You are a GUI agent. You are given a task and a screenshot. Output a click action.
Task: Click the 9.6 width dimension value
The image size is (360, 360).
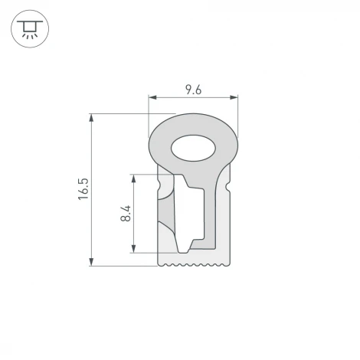click(x=193, y=90)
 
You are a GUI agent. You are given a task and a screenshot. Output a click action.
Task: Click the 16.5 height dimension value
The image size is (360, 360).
click(x=83, y=189)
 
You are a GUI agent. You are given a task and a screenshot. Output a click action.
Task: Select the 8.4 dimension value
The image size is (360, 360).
click(x=126, y=213)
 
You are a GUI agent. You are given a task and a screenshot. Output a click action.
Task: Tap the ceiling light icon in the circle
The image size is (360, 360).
click(x=30, y=30)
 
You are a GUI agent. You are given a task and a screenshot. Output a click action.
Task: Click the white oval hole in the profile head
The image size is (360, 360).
click(x=193, y=147)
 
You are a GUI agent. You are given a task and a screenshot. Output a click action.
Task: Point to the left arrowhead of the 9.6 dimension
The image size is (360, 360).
click(x=152, y=98)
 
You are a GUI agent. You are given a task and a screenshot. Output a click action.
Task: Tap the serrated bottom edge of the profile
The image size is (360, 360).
click(x=193, y=264)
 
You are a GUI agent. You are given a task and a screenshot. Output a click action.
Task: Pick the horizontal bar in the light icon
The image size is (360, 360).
click(x=30, y=21)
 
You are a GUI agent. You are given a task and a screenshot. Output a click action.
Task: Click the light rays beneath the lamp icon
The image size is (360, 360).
click(x=30, y=37)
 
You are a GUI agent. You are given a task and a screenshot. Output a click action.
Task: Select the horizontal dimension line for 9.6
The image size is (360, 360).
click(x=172, y=98)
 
